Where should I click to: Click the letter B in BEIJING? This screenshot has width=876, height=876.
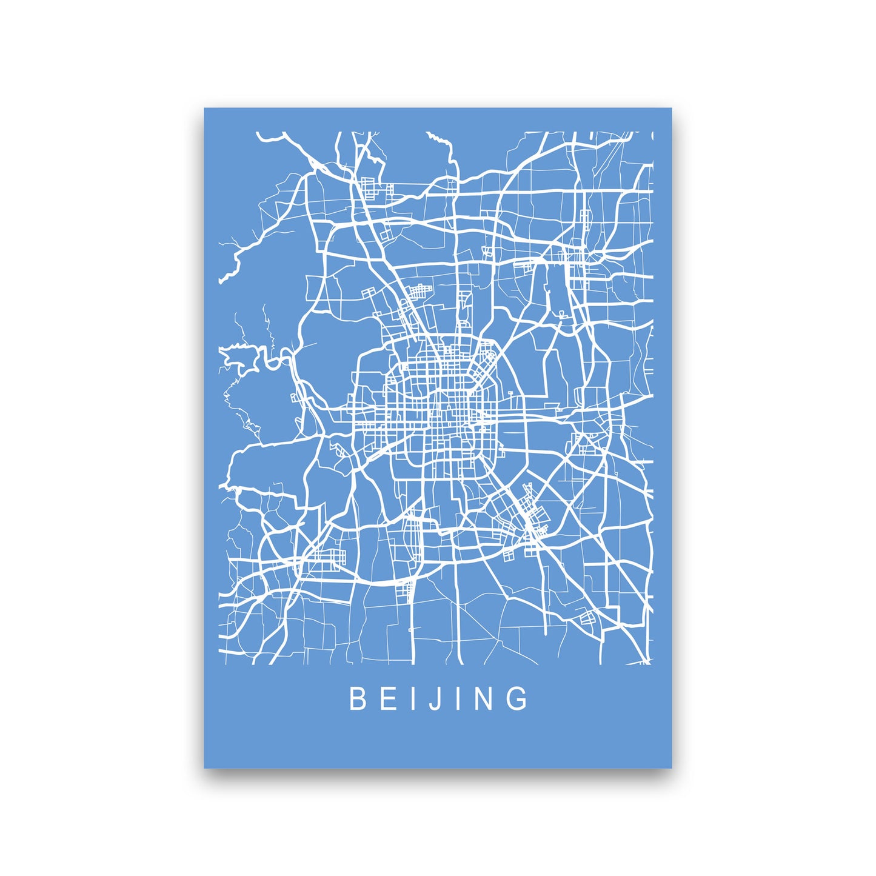click(357, 698)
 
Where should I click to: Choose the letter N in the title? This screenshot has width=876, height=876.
click(485, 698)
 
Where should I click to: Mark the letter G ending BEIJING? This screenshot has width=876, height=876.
click(518, 698)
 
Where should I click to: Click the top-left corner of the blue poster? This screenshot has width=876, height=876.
click(205, 109)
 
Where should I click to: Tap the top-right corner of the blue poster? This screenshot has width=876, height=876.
click(671, 109)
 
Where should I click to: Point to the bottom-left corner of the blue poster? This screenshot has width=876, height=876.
click(205, 767)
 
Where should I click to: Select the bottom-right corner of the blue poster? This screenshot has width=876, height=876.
click(671, 767)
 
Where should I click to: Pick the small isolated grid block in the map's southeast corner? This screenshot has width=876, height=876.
click(588, 618)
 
